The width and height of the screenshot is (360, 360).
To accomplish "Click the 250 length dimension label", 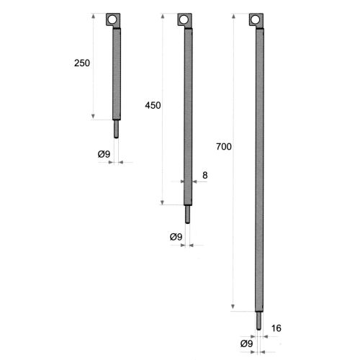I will pos(82,63).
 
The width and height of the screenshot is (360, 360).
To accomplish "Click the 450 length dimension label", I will pos(153,106).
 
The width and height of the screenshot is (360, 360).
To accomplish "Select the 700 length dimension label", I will pos(223,148).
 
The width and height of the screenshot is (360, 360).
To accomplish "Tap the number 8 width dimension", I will pos(205,175).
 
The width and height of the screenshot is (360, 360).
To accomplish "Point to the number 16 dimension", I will pos(276,329).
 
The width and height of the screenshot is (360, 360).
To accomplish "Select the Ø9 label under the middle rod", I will pos(175,236).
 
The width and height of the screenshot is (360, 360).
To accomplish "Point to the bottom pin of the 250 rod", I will pos(116,127).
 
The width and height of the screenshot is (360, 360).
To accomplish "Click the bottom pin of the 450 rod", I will pos(187,213).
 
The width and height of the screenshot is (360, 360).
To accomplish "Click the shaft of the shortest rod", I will pos(117,72).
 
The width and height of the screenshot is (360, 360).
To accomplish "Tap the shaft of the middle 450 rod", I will pos(188,115).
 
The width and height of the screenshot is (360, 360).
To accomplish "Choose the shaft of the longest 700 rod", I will pos(259,166).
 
